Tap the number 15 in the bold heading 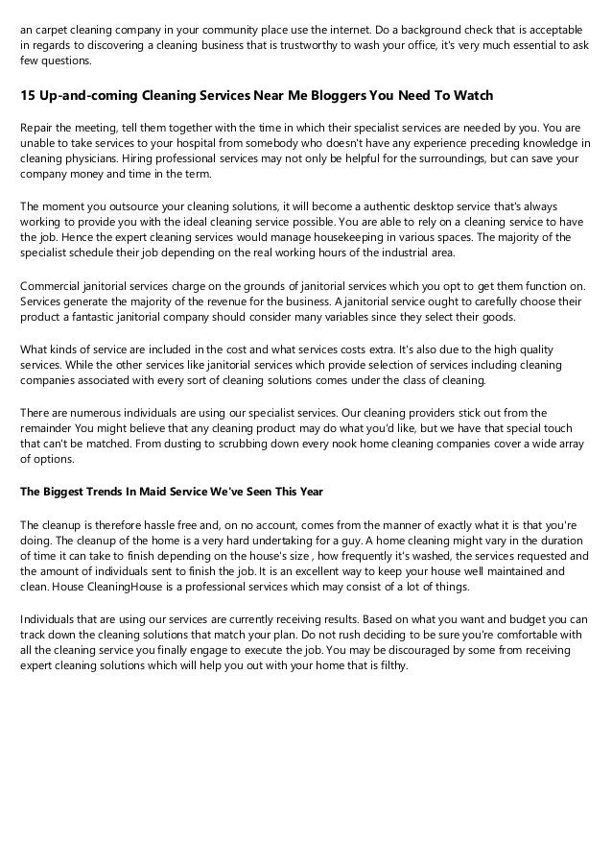pyautogui.click(x=29, y=95)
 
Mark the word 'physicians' pyautogui.click(x=88, y=158)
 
